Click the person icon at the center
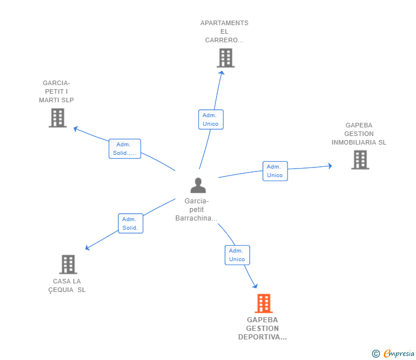pyautogui.click(x=198, y=185)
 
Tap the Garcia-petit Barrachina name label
pyautogui.click(x=197, y=210)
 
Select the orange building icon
pyautogui.click(x=263, y=303)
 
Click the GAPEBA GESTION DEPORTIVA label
pyautogui.click(x=262, y=329)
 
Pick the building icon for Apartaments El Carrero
pyautogui.click(x=225, y=58)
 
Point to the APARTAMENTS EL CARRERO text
pyautogui.click(x=224, y=31)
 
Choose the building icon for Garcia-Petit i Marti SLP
pyautogui.click(x=57, y=118)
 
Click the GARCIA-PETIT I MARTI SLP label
pyautogui.click(x=56, y=91)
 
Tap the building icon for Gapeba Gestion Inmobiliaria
pyautogui.click(x=359, y=160)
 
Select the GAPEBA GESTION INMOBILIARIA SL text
pyautogui.click(x=359, y=134)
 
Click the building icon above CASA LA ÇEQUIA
pyautogui.click(x=68, y=265)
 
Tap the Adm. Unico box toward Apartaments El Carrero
pyautogui.click(x=210, y=119)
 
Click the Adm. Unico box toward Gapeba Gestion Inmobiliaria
pyautogui.click(x=275, y=171)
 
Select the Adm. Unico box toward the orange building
pyautogui.click(x=237, y=255)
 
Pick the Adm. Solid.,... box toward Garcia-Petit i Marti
pyautogui.click(x=125, y=149)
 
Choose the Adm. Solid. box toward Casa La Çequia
pyautogui.click(x=130, y=223)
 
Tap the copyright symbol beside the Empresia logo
pyautogui.click(x=375, y=354)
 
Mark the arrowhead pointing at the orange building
pyautogui.click(x=255, y=286)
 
